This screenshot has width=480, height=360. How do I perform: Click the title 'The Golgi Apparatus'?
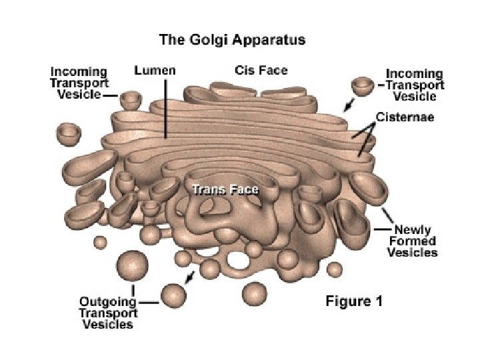(232, 39)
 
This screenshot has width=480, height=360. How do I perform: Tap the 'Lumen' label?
(155, 70)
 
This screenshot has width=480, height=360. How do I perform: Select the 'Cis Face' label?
(261, 70)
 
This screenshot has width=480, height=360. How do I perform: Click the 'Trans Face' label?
(225, 189)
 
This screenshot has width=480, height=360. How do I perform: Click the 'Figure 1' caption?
(354, 301)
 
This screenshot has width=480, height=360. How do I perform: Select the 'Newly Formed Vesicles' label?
(413, 241)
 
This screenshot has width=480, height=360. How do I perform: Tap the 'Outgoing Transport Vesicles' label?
(108, 312)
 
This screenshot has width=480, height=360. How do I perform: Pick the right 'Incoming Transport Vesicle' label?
(414, 85)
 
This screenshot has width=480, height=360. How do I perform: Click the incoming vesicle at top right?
(363, 86)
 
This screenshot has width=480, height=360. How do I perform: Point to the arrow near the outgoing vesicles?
(191, 276)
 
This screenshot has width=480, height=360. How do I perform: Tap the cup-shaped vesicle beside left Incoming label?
(130, 100)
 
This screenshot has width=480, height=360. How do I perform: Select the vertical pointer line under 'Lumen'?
(166, 107)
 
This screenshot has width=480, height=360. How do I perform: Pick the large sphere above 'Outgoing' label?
(132, 267)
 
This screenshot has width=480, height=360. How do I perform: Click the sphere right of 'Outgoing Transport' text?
(173, 294)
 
